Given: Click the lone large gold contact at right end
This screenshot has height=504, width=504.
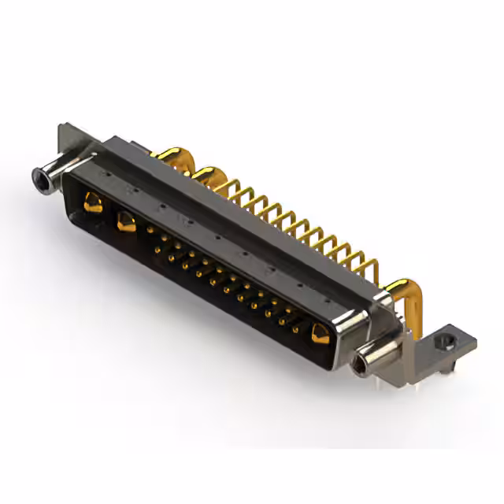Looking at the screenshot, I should pyautogui.click(x=320, y=335).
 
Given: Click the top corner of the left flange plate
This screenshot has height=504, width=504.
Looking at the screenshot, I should pyautogui.click(x=63, y=126).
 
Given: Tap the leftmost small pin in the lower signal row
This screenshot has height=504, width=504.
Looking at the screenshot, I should pyautogui.click(x=157, y=250).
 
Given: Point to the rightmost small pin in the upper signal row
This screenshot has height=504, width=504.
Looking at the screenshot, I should pyautogui.click(x=301, y=313).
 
